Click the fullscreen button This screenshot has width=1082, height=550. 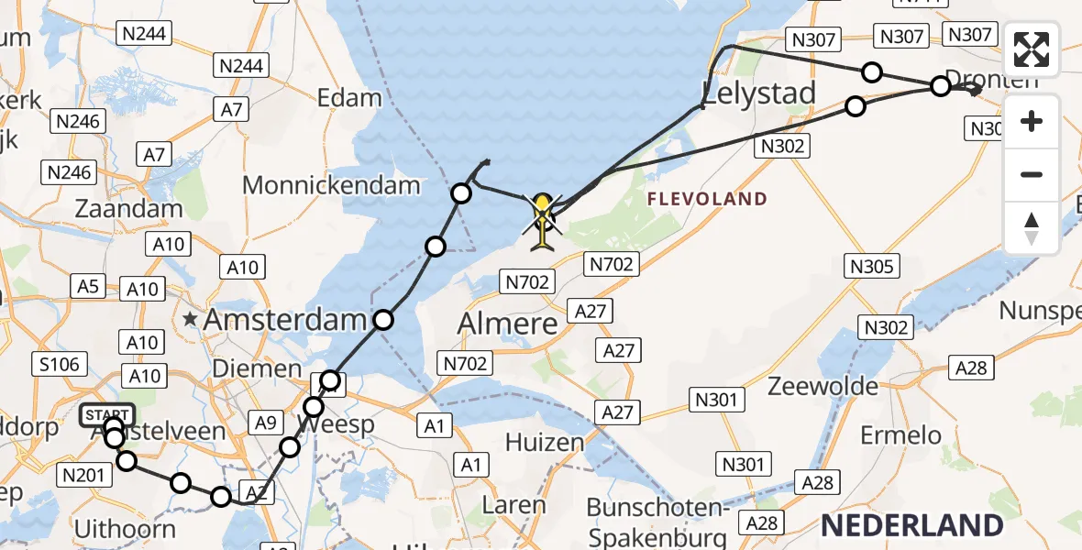coord(1032,49)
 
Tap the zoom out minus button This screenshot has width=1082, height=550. coord(1032,174)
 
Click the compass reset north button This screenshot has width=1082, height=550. coord(1032,226)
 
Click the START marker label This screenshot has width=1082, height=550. coord(107,416)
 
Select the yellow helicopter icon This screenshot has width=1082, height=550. coord(543,221)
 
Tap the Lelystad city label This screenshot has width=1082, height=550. coord(758,93)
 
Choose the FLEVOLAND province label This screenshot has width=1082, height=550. coord(706,198)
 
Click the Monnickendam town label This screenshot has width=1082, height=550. coord(331,185)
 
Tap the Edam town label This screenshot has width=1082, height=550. coord(348,98)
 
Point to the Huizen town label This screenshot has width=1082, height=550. coord(544,443)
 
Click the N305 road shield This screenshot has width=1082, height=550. coord(871,267)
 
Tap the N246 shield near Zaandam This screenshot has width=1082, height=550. coord(69,171)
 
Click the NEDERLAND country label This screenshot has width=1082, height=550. coord(911,525)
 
